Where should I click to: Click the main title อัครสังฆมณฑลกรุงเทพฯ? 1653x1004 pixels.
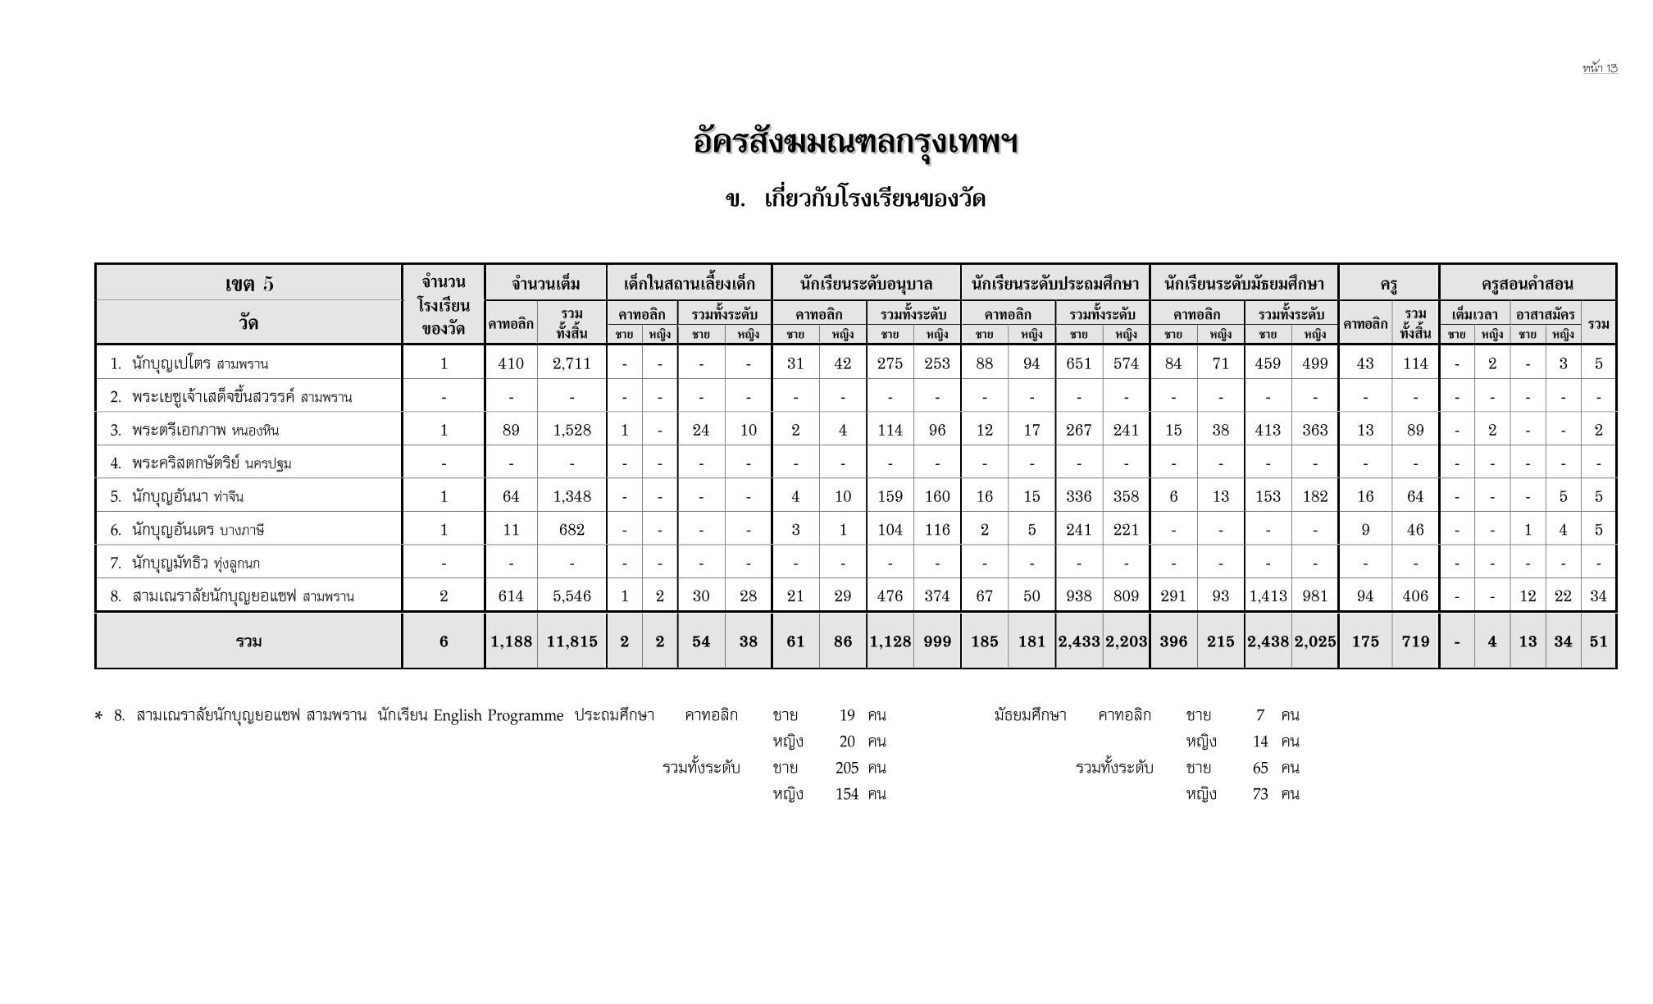[x=855, y=143]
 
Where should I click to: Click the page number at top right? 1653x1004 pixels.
[x=1600, y=68]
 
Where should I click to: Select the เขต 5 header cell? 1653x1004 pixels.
[x=248, y=284]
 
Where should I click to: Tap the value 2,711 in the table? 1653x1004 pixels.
[x=571, y=363]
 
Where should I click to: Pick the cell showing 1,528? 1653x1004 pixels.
[x=571, y=430]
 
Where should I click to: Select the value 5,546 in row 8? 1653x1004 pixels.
[x=571, y=596]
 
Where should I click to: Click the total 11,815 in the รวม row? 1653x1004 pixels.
[x=571, y=641]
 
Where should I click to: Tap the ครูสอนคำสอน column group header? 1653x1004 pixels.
[x=1527, y=285]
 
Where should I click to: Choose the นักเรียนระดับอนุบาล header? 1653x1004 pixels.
[x=866, y=285]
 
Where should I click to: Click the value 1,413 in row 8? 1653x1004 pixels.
[x=1268, y=596]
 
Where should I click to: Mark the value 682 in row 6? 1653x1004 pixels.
[x=571, y=530]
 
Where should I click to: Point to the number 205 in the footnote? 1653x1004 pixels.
[x=846, y=768]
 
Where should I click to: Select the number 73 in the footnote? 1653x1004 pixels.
[x=1260, y=794]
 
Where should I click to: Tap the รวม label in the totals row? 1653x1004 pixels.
[x=248, y=641]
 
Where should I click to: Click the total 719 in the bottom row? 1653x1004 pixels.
[x=1415, y=641]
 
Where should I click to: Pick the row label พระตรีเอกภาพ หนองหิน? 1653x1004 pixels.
[x=205, y=430]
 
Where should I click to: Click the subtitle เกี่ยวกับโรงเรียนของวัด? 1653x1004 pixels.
[x=874, y=199]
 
